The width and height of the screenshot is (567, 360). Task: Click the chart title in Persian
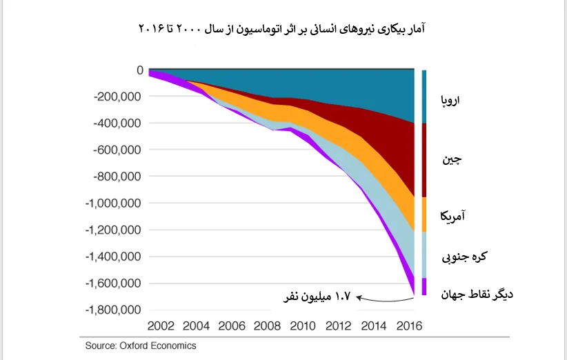[x=283, y=28]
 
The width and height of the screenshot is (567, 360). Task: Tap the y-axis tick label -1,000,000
[x=112, y=203]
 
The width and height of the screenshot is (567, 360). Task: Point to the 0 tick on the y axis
[x=140, y=70]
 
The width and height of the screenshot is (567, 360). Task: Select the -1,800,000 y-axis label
[x=112, y=310]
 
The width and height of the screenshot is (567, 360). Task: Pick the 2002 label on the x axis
[x=161, y=326]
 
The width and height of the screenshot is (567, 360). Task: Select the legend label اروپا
[x=450, y=101]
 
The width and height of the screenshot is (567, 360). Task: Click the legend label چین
[x=452, y=159]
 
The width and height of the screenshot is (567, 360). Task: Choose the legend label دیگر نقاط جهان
[x=477, y=294]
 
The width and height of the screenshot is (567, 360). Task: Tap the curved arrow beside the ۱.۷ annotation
[x=386, y=299]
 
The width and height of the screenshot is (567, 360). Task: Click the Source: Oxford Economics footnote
[x=141, y=346]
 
